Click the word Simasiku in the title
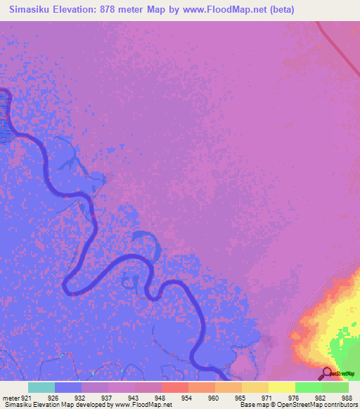(x=34, y=10)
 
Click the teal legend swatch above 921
(x=41, y=387)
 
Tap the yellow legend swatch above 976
(x=282, y=387)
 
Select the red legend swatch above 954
(x=175, y=387)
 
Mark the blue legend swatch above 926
(x=68, y=387)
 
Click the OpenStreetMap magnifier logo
(x=327, y=373)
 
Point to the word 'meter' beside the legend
(x=11, y=398)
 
